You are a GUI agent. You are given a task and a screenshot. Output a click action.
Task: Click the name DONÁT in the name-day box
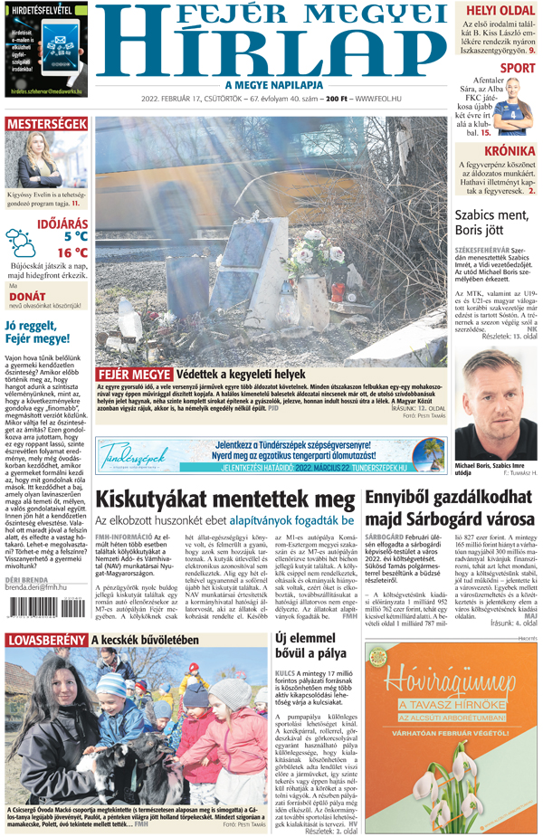coord(27,296)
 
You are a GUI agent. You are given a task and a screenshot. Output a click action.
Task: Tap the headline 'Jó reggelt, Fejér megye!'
coord(38,333)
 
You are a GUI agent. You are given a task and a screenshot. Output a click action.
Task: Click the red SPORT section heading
coord(517,67)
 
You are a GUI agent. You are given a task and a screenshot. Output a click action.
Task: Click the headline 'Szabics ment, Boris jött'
coord(491,223)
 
